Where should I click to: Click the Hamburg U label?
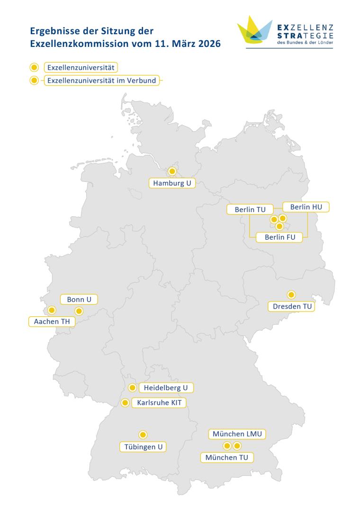click(x=172, y=183)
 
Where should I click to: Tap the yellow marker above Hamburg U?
click(x=172, y=171)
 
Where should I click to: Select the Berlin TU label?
click(x=246, y=209)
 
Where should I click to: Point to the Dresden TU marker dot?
click(x=291, y=295)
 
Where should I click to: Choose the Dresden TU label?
click(x=293, y=306)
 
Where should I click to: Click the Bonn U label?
click(x=79, y=299)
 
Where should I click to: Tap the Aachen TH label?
click(x=48, y=321)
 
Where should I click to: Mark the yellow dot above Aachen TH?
click(x=52, y=310)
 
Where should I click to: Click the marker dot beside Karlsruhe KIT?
click(x=125, y=403)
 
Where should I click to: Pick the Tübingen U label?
click(x=143, y=446)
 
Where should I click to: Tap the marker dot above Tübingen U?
click(x=143, y=435)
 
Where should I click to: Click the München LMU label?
click(x=237, y=434)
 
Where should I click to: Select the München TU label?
click(x=226, y=457)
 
